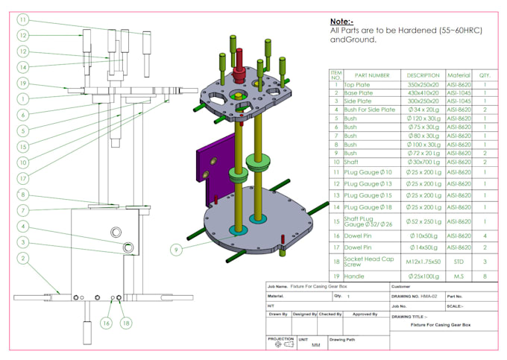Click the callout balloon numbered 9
click(x=177, y=250)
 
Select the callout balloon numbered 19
click(x=23, y=83)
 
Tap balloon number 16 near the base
click(x=107, y=323)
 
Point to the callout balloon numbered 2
click(x=23, y=259)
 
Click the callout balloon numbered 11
click(x=23, y=19)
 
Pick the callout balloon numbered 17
click(x=23, y=178)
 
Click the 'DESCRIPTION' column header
click(x=423, y=75)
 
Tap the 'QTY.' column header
click(x=485, y=75)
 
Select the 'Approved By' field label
click(x=365, y=314)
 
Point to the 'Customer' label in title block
click(x=403, y=286)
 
